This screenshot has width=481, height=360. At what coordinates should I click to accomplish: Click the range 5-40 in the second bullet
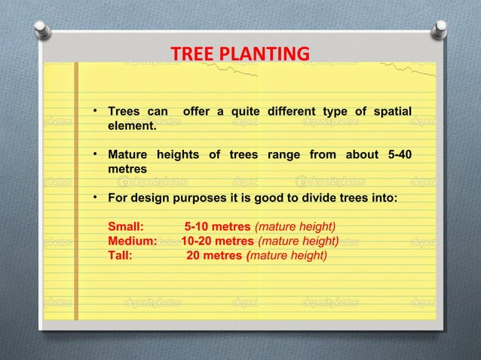coord(398,155)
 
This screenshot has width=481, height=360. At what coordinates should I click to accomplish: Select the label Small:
coord(126,227)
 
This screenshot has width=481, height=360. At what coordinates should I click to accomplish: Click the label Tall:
coord(121,255)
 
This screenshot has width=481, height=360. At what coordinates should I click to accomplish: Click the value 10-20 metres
coord(218,241)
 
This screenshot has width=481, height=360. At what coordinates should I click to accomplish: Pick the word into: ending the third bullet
coord(382,197)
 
